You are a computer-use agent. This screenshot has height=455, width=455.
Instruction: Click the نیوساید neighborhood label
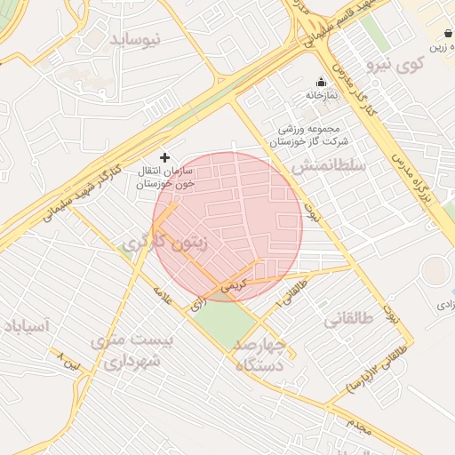[x=136, y=40]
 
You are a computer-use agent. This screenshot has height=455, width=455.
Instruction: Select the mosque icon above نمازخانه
[x=321, y=82]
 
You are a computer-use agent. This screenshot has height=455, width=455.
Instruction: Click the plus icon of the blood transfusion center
[x=164, y=156]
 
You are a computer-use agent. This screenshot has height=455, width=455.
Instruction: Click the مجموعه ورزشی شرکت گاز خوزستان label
[x=310, y=135]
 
